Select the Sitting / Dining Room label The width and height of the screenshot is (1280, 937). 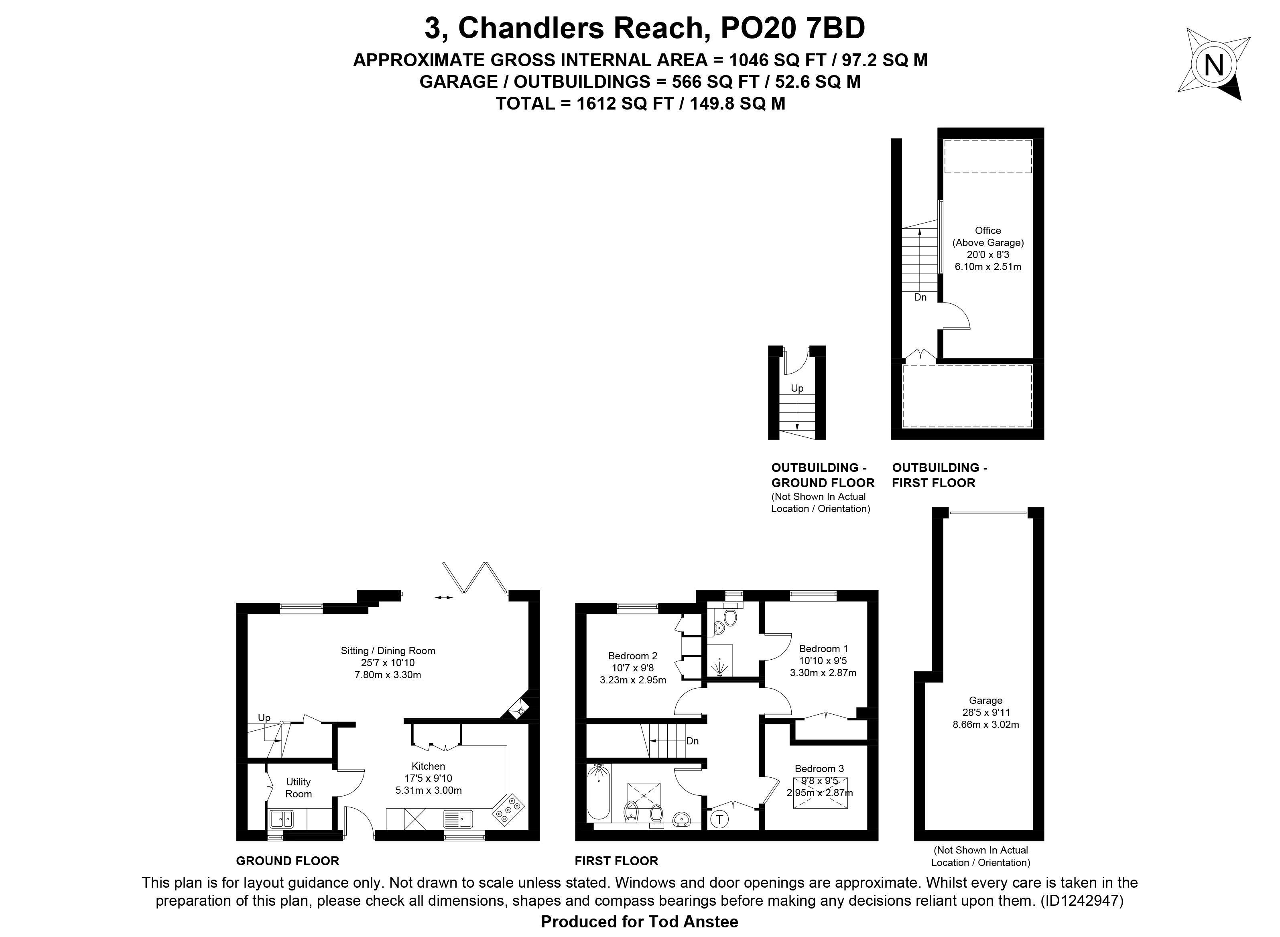point(388,650)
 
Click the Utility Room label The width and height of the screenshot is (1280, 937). point(298,788)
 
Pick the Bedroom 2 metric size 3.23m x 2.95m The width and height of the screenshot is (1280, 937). point(633,679)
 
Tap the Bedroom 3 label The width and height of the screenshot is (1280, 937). point(819,768)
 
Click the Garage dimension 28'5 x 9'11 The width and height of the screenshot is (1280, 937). point(985,712)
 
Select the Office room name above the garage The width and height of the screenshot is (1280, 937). point(988,230)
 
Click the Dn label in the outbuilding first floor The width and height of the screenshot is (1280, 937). point(920,297)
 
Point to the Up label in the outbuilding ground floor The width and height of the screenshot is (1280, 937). point(797,388)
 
